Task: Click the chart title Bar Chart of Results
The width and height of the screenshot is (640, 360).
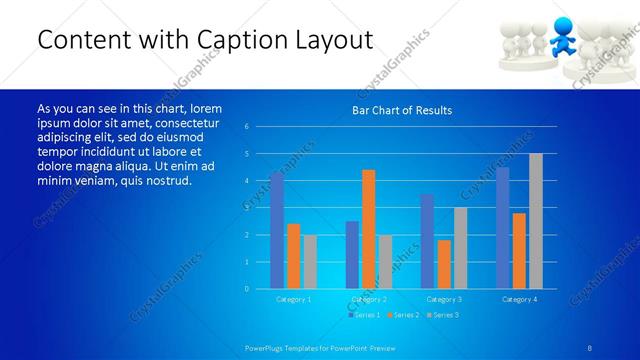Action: pos(401,110)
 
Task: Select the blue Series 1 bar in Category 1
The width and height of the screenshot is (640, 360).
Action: pos(277,230)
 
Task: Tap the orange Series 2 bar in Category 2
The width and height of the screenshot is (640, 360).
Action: pos(368,229)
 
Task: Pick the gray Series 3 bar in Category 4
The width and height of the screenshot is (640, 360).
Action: pos(535,221)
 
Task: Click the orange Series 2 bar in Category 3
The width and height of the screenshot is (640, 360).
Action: pos(444,264)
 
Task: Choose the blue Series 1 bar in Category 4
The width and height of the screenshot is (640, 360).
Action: pos(502,228)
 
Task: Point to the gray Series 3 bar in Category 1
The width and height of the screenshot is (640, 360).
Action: pos(310,261)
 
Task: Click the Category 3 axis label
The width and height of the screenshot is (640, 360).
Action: pos(443,299)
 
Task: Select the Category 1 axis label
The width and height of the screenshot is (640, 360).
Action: pos(293,299)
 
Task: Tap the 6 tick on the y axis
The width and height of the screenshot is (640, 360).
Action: pos(247,127)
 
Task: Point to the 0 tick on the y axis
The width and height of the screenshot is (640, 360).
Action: pos(247,289)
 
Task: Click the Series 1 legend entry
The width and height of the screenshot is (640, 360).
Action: pos(363,315)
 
